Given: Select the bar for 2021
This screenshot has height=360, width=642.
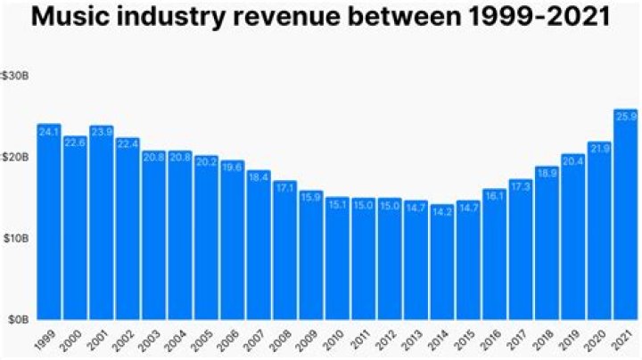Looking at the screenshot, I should pyautogui.click(x=626, y=214).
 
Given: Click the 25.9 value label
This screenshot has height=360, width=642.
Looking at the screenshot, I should pyautogui.click(x=626, y=116).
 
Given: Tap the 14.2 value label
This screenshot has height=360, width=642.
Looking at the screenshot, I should pyautogui.click(x=442, y=211).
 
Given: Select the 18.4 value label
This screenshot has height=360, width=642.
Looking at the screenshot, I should pyautogui.click(x=259, y=177).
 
